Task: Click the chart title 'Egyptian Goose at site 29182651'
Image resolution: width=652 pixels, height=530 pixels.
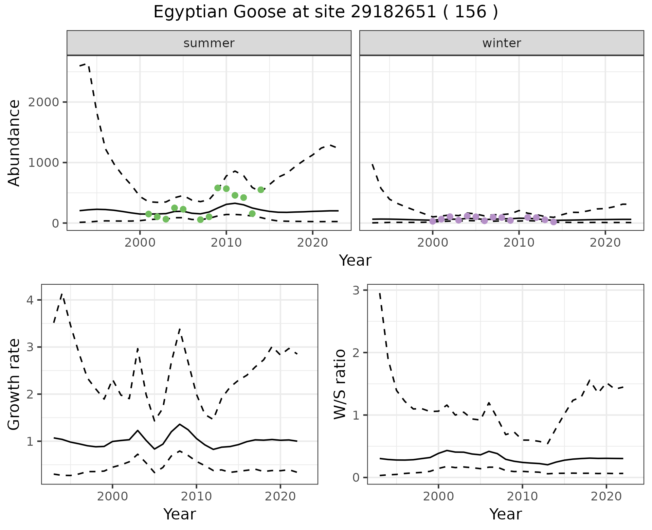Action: (x=325, y=12)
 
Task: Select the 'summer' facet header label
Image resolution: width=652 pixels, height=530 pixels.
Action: (x=209, y=43)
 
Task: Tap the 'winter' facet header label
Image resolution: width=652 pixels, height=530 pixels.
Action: (x=502, y=43)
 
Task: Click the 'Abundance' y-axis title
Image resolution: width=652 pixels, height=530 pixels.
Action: (x=14, y=143)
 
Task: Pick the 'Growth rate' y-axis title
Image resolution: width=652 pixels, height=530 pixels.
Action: (x=14, y=384)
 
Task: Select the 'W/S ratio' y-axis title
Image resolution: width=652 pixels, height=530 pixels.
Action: (x=340, y=384)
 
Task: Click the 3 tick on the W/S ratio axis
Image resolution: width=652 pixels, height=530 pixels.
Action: (x=356, y=290)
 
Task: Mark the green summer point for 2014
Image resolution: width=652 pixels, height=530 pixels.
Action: (x=261, y=190)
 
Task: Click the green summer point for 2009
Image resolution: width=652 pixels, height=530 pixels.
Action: (x=218, y=188)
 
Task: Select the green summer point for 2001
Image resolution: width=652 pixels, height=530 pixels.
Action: (x=148, y=214)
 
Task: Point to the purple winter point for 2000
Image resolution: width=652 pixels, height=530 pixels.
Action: (x=433, y=221)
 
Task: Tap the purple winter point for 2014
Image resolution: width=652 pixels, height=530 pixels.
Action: (x=554, y=222)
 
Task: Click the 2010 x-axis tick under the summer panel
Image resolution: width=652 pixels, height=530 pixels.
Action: (x=226, y=243)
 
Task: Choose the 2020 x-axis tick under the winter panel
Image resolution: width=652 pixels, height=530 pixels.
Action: (x=605, y=243)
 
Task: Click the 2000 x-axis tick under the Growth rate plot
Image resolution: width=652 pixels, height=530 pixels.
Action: (x=113, y=496)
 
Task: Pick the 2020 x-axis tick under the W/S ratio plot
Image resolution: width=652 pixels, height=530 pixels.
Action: (x=606, y=496)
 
